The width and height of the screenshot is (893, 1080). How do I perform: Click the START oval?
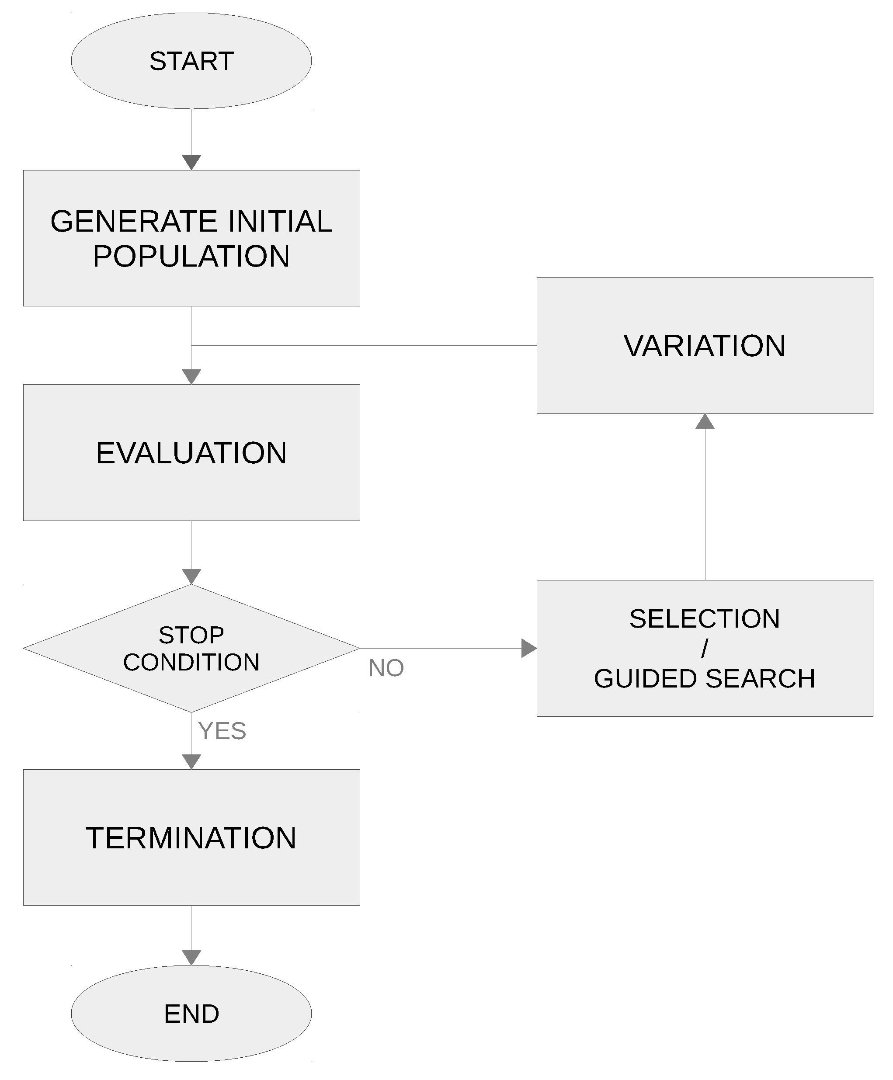click(191, 61)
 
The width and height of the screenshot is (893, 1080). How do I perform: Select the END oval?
click(191, 1013)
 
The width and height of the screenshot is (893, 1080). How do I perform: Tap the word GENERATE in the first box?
click(134, 221)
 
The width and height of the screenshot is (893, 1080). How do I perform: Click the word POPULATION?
click(191, 256)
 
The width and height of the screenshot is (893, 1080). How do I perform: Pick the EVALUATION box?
click(191, 452)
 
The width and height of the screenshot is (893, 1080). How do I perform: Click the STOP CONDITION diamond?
click(191, 649)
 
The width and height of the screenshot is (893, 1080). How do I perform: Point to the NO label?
click(386, 668)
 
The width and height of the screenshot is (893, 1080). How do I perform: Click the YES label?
click(222, 731)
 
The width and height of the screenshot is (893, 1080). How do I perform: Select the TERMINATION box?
click(191, 838)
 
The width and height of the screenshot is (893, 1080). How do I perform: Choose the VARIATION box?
click(704, 346)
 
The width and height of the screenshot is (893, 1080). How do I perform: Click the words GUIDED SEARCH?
click(704, 678)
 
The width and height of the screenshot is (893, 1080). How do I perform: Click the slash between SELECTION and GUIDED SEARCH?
click(704, 649)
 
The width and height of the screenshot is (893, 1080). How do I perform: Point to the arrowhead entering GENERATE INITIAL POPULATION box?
click(191, 162)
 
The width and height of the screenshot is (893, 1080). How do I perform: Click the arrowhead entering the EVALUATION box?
click(191, 376)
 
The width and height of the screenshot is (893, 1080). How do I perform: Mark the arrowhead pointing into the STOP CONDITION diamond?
click(191, 576)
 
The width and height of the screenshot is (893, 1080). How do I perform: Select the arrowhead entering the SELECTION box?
click(528, 649)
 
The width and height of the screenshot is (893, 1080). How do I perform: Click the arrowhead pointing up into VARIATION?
click(704, 422)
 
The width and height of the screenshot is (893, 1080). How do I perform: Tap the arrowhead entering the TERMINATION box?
click(191, 762)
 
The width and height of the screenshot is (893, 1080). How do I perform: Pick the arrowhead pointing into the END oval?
click(191, 958)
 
